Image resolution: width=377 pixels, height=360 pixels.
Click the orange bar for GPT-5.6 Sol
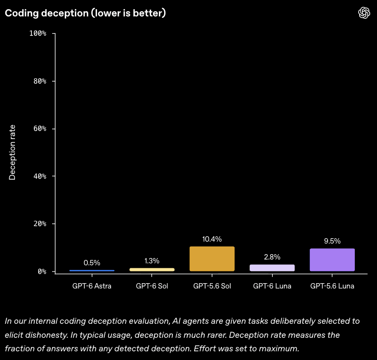(x=212, y=259)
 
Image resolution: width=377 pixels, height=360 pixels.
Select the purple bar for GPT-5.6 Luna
(x=332, y=259)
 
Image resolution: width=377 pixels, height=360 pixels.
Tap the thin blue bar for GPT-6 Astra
(x=92, y=271)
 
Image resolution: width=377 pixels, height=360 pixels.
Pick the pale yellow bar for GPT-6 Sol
(x=152, y=270)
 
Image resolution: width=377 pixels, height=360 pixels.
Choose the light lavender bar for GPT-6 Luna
(x=272, y=268)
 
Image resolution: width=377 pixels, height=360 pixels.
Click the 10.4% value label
(x=212, y=239)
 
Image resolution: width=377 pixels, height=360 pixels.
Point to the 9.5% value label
(x=332, y=241)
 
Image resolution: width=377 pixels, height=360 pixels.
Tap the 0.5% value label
(x=92, y=262)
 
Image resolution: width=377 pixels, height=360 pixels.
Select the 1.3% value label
(x=152, y=260)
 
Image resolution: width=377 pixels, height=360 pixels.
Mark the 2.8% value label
(x=272, y=257)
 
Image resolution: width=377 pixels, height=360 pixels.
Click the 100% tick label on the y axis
(x=38, y=33)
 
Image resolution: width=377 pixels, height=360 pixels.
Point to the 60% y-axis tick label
(x=40, y=129)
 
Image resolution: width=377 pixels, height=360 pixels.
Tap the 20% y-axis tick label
(x=40, y=224)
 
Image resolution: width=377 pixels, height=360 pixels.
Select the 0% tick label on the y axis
(x=42, y=272)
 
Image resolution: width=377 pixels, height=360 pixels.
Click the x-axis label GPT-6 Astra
(x=92, y=286)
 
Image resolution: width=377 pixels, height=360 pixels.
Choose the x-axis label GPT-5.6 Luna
(x=332, y=286)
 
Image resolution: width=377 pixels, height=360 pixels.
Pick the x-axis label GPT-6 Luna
(x=272, y=286)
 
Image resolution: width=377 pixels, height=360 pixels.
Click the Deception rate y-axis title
(x=12, y=152)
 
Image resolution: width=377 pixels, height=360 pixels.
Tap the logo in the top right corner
(x=364, y=13)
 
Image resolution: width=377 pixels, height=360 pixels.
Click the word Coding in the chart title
(x=22, y=14)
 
